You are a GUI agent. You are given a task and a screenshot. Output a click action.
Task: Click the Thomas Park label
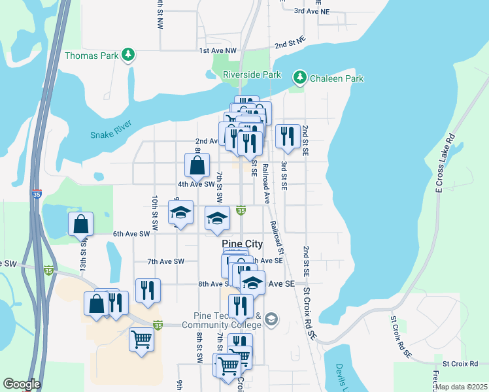92,56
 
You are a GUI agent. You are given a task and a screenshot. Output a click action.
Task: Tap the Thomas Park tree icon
129,55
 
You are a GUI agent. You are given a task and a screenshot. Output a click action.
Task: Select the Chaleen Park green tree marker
300,78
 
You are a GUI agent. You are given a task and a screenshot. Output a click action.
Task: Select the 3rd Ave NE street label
312,11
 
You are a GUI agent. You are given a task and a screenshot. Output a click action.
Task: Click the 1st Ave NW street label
217,50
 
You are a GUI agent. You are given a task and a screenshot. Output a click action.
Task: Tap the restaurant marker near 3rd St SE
288,137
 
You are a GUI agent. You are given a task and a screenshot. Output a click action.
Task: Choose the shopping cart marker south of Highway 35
142,340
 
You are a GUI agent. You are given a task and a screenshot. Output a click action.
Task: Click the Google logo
21,384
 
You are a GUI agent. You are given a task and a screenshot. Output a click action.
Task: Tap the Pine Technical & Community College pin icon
271,319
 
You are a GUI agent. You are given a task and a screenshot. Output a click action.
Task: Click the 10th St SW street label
155,209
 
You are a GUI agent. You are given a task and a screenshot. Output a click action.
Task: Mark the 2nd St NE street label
290,43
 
